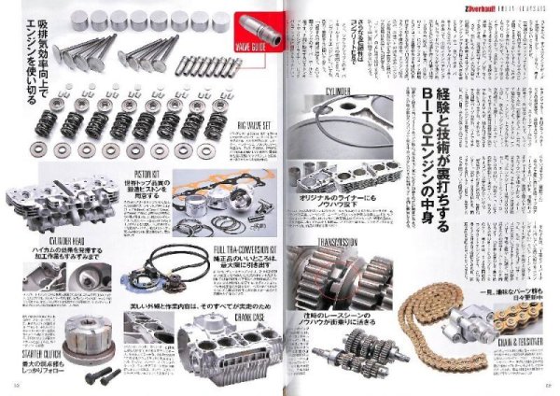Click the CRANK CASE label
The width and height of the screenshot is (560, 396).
click(232, 316)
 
